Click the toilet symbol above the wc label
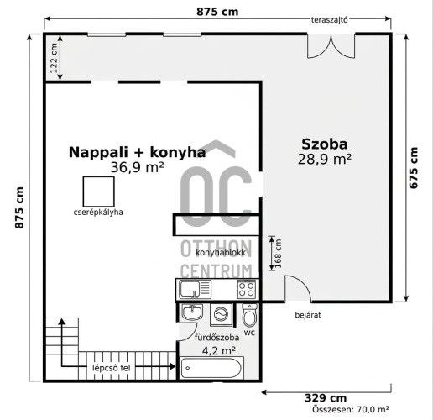coord(249,315)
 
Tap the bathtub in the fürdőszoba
coord(211,368)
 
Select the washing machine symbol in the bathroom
coord(221,314)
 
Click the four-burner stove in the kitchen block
coord(247,289)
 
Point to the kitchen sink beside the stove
coord(196,289)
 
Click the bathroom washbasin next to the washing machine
coord(192,312)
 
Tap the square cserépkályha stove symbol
coord(99,192)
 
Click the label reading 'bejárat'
coord(308,315)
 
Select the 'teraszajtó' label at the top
coord(330,20)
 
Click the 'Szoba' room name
coord(325,144)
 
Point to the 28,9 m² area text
coord(325,160)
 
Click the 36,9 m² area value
coord(137,167)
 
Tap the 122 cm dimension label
coord(54,58)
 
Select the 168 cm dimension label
coord(279,254)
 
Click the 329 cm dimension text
coord(326,398)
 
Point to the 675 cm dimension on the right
coord(414,168)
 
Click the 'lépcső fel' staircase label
coord(112,368)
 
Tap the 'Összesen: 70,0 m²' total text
coord(351,410)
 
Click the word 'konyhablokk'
coord(221,253)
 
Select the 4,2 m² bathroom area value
coord(219,350)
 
